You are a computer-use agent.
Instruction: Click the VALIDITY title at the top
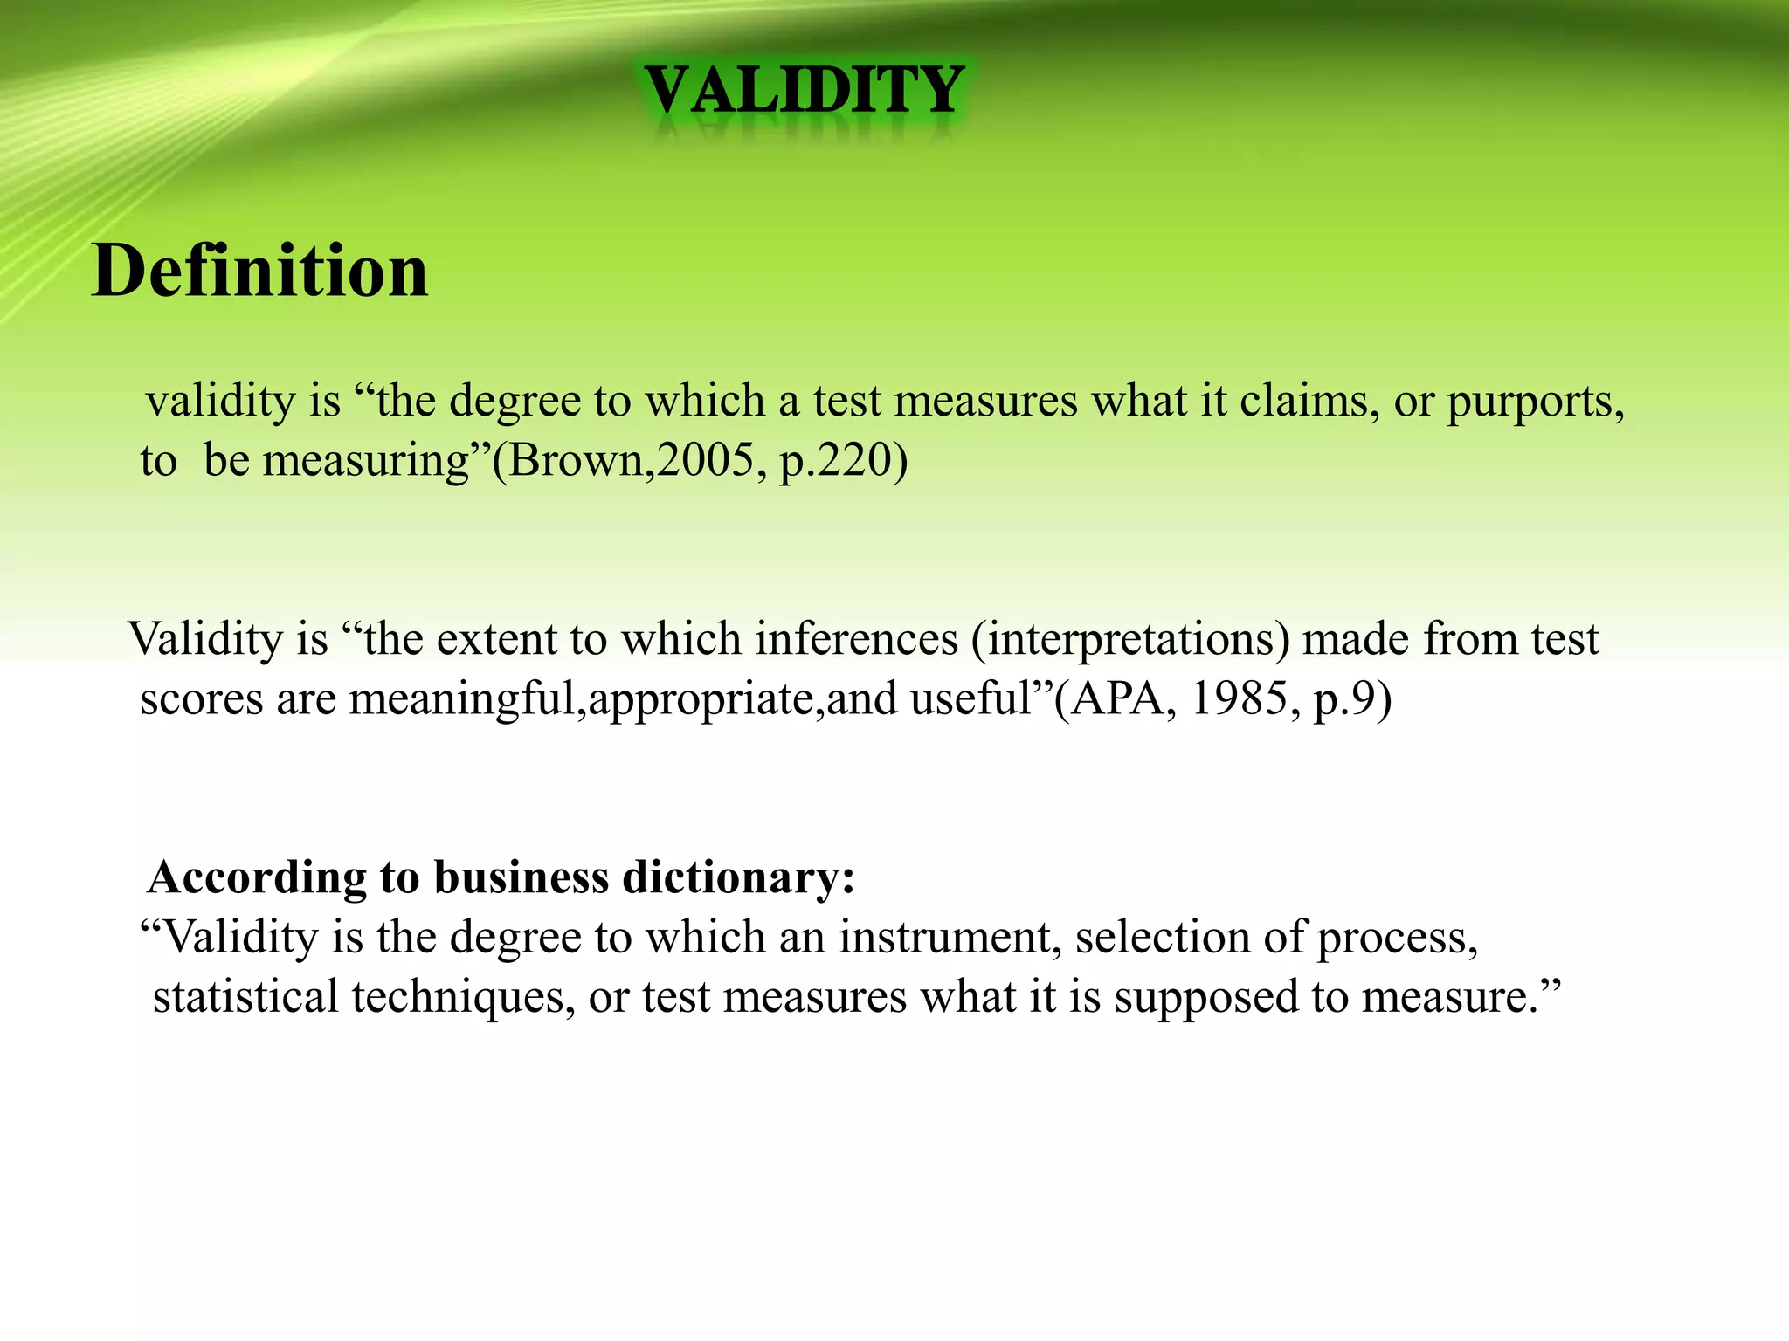point(804,91)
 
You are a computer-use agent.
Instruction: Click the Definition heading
point(259,271)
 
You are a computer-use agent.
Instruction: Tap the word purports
point(1534,403)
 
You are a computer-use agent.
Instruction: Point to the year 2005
point(706,460)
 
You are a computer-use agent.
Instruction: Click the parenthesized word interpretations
point(1130,640)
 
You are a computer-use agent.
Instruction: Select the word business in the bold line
point(521,877)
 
